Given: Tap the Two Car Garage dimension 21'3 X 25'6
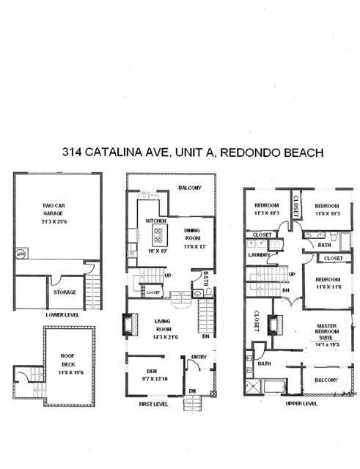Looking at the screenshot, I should [x=58, y=221].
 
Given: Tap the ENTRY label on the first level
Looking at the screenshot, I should [x=199, y=358].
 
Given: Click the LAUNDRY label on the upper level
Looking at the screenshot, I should [x=259, y=255].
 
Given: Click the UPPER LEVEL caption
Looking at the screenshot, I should [x=301, y=404].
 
